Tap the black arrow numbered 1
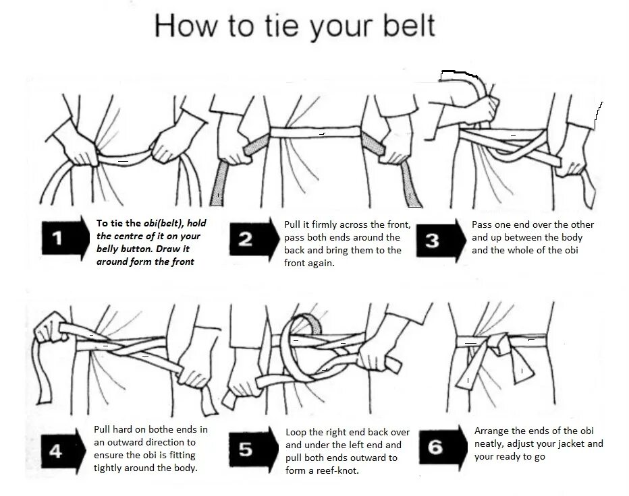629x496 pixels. coord(65,239)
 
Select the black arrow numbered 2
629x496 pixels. coord(254,240)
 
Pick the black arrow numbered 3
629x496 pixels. coord(441,241)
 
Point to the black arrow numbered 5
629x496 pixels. coord(253,450)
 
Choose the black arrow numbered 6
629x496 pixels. coord(443,447)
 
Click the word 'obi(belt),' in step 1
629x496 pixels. coord(164,224)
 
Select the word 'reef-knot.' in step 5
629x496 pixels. coord(337,470)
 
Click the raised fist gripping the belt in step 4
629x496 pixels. coord(50,328)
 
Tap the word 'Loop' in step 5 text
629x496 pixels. coord(296,433)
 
